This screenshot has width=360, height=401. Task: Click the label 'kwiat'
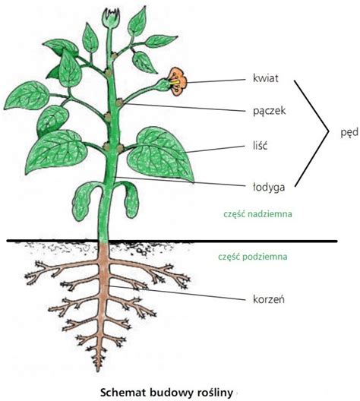(265, 78)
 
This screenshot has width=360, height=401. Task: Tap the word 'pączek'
(269, 111)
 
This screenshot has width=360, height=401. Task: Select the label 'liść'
(260, 146)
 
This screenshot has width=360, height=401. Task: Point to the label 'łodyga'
(269, 187)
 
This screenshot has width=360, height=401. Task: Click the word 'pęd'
(349, 133)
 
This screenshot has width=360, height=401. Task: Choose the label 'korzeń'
(268, 298)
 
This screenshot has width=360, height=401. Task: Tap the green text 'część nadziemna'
(257, 214)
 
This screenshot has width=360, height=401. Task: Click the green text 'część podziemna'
(253, 257)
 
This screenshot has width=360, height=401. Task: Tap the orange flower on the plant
(178, 81)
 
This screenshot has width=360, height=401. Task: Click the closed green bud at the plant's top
(111, 17)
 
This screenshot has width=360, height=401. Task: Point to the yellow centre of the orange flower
(175, 82)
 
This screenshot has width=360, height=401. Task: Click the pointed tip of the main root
(98, 371)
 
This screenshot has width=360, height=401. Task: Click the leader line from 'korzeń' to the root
(176, 292)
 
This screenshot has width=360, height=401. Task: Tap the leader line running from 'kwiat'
(216, 81)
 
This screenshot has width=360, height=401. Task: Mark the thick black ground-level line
(172, 241)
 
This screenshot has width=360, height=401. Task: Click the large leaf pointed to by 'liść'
(159, 153)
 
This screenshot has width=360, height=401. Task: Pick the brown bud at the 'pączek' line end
(119, 103)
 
